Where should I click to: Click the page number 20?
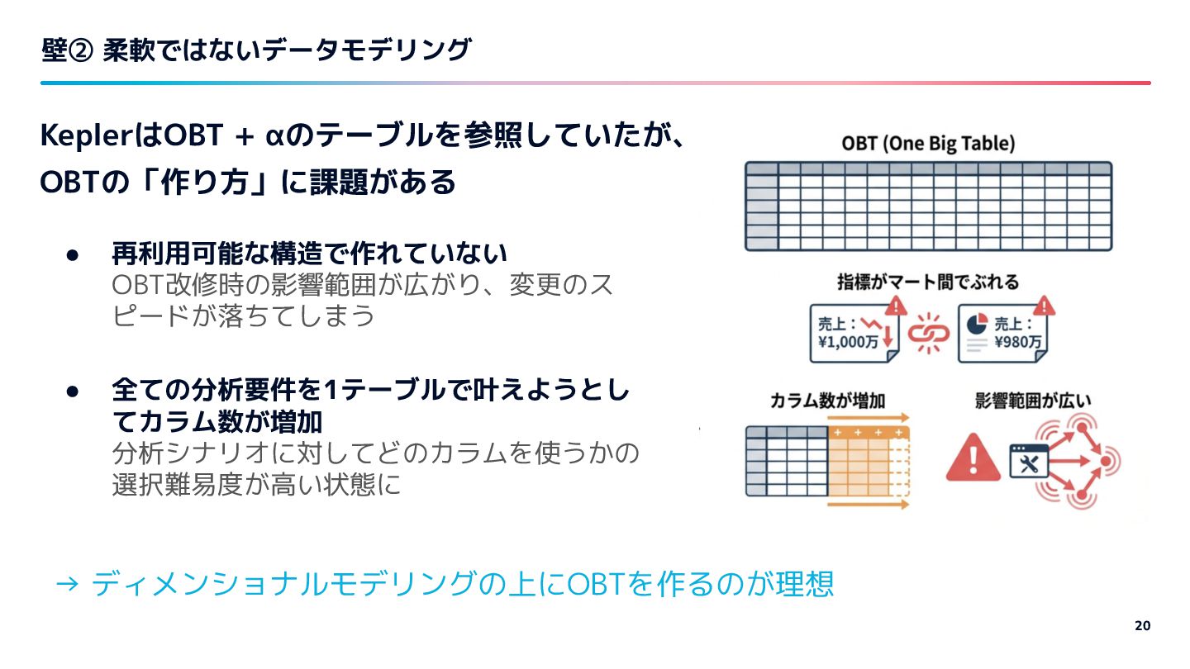pos(1141,625)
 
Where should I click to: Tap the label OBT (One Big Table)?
pos(928,143)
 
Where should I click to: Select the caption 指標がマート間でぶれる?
pos(928,282)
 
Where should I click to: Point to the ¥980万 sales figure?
pos(1016,341)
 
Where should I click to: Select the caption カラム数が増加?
pos(827,401)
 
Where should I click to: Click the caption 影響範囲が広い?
pos(1034,401)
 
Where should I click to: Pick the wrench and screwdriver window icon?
pos(1030,462)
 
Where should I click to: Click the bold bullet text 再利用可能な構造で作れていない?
pos(309,254)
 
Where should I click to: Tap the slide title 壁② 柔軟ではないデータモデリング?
pos(256,51)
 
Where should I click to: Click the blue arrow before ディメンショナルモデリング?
pos(66,585)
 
